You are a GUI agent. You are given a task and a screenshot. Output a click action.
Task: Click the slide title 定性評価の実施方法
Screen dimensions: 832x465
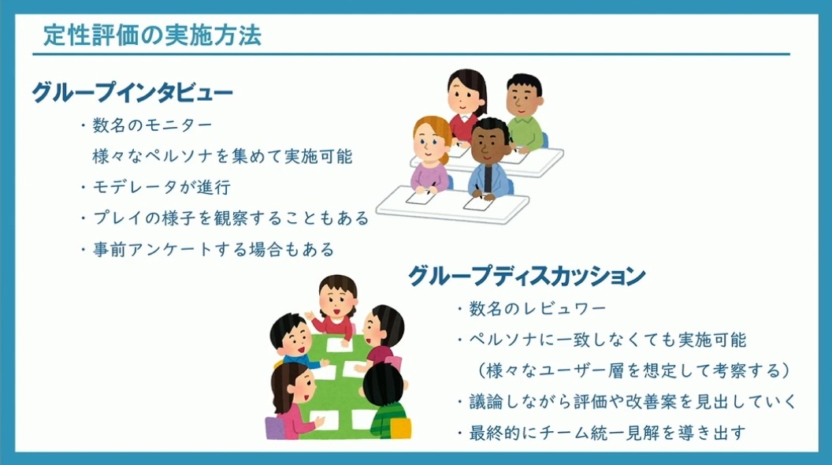[x=152, y=35]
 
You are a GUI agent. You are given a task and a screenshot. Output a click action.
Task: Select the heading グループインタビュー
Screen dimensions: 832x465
[x=132, y=93]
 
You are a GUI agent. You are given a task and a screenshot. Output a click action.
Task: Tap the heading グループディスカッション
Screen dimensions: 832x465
[x=527, y=276]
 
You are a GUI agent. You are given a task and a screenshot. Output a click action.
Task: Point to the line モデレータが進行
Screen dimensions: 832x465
[x=156, y=188]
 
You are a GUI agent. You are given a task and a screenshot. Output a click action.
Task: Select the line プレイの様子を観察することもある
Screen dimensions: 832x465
[x=225, y=218]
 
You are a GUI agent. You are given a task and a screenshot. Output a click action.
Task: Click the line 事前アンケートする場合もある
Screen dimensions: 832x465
[x=207, y=249]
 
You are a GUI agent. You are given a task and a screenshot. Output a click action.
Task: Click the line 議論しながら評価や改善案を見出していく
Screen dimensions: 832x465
[x=627, y=402]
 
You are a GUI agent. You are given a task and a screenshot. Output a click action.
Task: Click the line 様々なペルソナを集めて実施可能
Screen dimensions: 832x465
[x=222, y=156]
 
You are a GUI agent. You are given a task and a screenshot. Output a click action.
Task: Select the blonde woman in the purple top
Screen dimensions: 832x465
[x=430, y=154]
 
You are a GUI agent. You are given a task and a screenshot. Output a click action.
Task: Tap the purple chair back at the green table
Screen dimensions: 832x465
[x=274, y=428]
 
